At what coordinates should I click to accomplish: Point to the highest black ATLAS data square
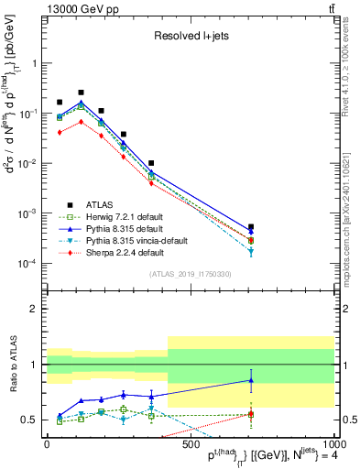(81, 93)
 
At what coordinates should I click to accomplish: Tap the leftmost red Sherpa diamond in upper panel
(60, 132)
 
